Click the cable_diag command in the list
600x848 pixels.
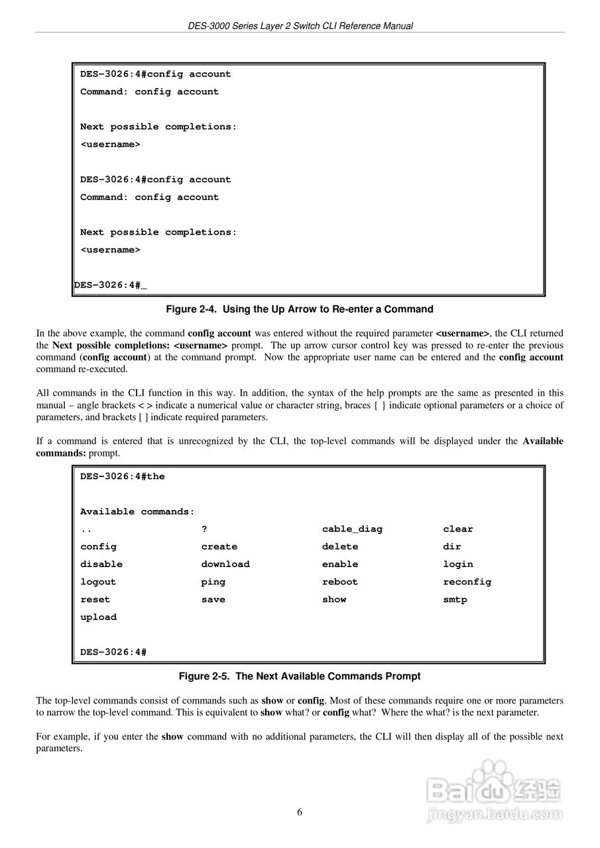[352, 529]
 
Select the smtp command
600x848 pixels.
[455, 600]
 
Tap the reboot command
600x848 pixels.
[339, 582]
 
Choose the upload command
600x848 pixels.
[98, 617]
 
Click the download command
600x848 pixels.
[225, 564]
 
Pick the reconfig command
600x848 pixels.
[467, 582]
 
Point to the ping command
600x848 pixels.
[213, 582]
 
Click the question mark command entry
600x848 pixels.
[205, 529]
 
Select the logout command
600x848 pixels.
[98, 582]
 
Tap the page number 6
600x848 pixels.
[300, 813]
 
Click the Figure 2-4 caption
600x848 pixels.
[299, 309]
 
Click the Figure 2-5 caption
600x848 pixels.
[300, 676]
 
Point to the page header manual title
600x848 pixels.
[300, 26]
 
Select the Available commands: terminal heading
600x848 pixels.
[137, 511]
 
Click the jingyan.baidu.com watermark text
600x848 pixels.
[495, 814]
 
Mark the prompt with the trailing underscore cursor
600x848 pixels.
[111, 286]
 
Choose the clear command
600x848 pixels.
[458, 529]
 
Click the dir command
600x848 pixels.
[452, 547]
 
